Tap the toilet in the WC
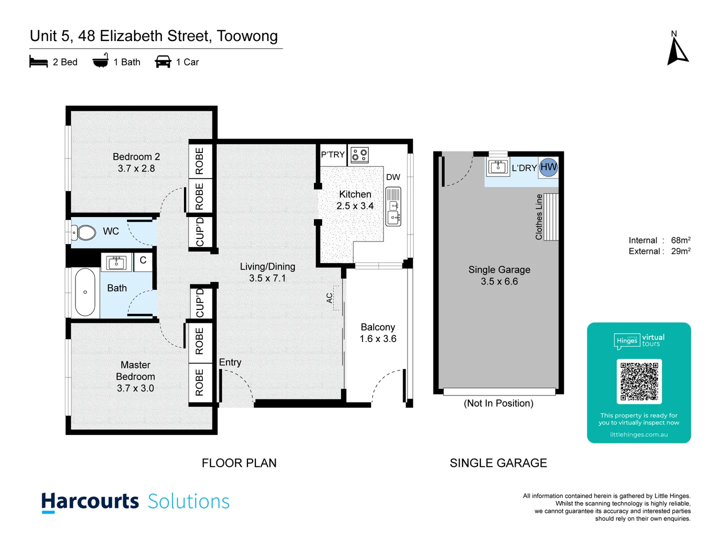click(85, 232)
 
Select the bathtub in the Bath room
click(85, 292)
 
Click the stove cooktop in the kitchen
click(359, 154)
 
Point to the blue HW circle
click(548, 167)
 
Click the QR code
click(639, 381)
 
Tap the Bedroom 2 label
click(136, 156)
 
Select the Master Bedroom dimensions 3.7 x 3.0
click(135, 388)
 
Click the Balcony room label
click(378, 327)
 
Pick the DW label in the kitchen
click(393, 177)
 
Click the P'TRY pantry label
click(333, 154)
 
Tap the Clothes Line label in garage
click(539, 217)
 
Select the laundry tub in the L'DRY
click(498, 166)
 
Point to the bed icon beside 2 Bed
click(38, 62)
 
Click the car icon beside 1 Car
click(163, 62)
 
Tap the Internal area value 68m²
click(680, 240)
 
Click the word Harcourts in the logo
click(90, 501)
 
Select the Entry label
click(230, 362)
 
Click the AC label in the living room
click(329, 298)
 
